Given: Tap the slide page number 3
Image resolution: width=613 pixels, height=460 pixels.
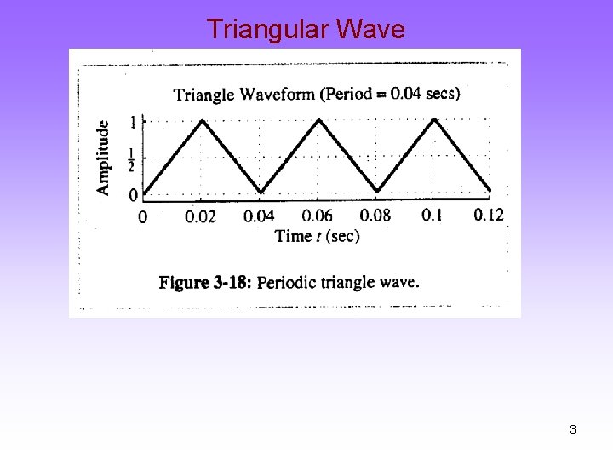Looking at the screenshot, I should pos(573,429).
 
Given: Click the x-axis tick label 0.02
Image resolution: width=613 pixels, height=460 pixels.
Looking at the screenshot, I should pos(200,216).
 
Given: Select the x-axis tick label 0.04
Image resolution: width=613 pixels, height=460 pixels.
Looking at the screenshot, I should pos(259,216).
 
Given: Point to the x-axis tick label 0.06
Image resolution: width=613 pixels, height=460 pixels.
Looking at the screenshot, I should pos(317,216).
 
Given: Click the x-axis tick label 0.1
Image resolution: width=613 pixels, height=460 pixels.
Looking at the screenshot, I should pos(432,214).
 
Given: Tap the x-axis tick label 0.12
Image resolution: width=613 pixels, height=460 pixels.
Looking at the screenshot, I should pos(489,214).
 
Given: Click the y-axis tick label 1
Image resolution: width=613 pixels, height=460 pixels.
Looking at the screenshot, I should pos(133,123).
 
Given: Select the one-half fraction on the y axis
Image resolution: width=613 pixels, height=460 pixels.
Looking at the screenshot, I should pos(132,158).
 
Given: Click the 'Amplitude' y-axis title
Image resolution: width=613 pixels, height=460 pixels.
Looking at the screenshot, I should pos(103,158).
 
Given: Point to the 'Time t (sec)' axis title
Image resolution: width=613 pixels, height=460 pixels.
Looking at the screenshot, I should pos(318,236).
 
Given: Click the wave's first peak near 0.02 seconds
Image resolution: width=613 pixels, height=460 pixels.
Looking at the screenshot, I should pos(202,119).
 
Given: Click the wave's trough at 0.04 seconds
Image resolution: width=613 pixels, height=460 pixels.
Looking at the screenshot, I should pos(261,192).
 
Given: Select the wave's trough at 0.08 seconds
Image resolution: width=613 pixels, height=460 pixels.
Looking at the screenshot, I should pos(377,191).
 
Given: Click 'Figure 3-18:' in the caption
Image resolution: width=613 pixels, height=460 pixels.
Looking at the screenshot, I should pos(205,283).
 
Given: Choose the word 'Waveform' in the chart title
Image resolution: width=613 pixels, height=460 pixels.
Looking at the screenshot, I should pos(278,94).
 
